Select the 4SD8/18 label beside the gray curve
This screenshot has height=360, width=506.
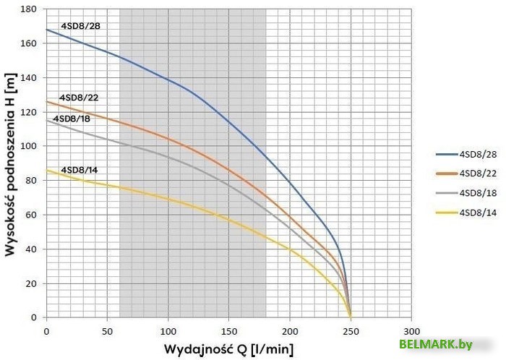pos(73,118)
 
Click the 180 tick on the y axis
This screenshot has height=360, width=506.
pos(29,9)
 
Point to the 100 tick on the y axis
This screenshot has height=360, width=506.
pos(29,146)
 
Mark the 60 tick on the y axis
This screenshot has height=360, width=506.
pos(32,215)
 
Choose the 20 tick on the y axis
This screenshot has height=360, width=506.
pos(32,283)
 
